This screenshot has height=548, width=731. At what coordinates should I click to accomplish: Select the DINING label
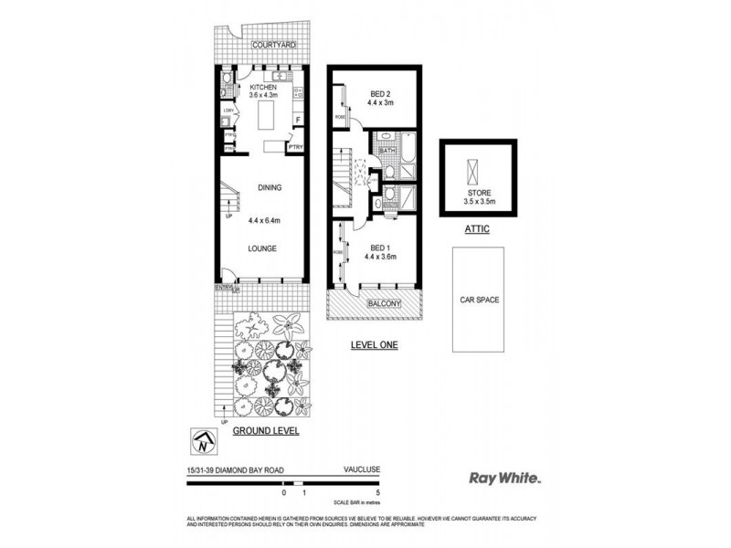coord(269,187)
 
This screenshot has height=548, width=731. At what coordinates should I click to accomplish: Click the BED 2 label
coord(381,94)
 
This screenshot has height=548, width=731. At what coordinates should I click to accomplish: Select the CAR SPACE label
coord(478,299)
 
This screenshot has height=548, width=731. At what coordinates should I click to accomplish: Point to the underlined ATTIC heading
coord(478,229)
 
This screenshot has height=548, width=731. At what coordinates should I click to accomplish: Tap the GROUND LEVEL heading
coord(265,430)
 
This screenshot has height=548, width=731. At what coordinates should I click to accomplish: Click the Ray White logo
coord(505,477)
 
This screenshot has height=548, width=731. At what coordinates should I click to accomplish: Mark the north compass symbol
coord(202,441)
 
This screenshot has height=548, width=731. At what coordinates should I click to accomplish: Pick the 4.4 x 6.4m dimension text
coord(266,219)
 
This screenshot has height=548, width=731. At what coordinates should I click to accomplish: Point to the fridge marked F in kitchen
coord(297,119)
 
